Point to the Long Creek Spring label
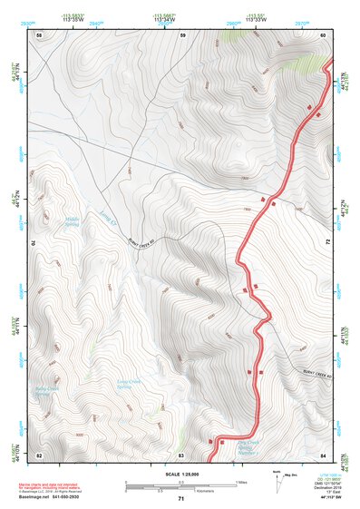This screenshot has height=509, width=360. click(x=132, y=385)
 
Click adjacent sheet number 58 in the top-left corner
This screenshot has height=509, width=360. click(x=39, y=34)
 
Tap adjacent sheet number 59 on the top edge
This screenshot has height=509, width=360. click(x=182, y=34)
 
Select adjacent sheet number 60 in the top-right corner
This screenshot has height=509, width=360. click(x=324, y=34)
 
